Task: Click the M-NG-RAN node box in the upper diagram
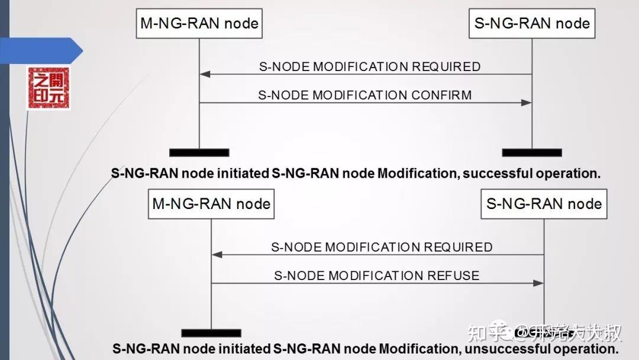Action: click(x=199, y=24)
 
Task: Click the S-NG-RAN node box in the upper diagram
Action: click(x=531, y=24)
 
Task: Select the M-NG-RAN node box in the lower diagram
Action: click(x=211, y=204)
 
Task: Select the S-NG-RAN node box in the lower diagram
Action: click(x=544, y=204)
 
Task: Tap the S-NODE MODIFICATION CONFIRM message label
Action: click(x=365, y=95)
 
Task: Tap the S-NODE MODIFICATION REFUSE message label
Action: click(x=376, y=275)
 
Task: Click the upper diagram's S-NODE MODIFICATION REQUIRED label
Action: click(x=370, y=66)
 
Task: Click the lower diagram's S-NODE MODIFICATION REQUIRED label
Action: click(x=382, y=247)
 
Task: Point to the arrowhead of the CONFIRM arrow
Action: click(x=527, y=103)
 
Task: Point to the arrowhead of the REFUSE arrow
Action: click(x=538, y=283)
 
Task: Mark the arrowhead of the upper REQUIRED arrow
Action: click(x=205, y=74)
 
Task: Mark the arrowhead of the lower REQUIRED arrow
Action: click(x=217, y=255)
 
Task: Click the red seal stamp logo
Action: click(x=49, y=88)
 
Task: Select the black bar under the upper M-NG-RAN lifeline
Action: click(x=199, y=152)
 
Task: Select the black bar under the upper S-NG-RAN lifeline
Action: click(x=531, y=152)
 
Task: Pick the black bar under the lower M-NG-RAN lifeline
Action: click(x=211, y=333)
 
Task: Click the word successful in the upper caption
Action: click(x=498, y=173)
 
